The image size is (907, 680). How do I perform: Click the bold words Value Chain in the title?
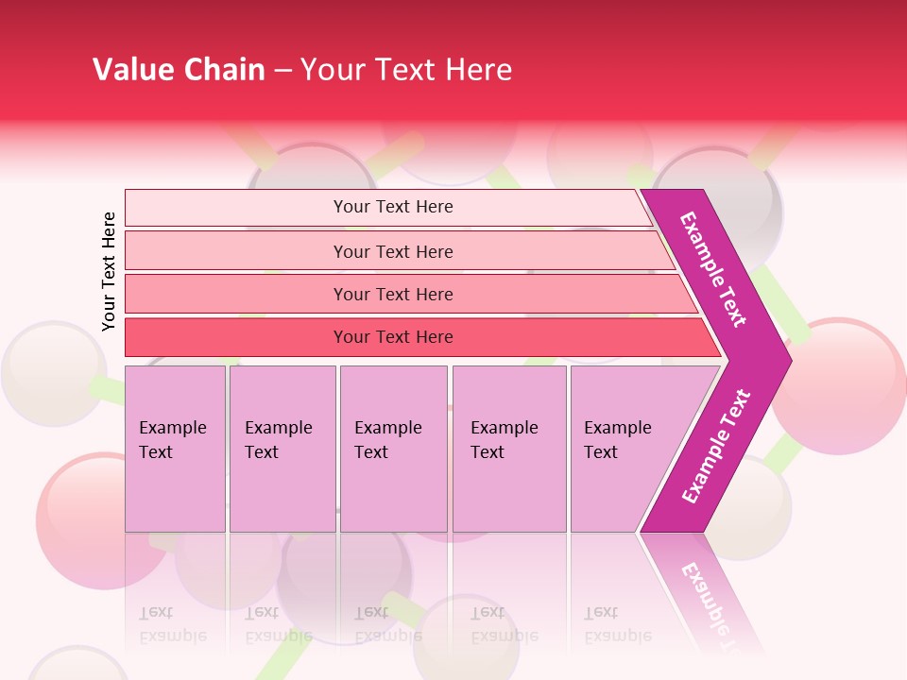179,70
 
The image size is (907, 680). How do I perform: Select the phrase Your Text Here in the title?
406,70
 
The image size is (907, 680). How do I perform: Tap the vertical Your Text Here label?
109,271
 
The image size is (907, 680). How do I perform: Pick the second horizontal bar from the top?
392,251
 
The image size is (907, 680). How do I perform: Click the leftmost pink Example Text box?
175,449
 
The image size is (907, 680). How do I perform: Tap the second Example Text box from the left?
282,449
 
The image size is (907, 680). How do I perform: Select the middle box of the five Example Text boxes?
393,449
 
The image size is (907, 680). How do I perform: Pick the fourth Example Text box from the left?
508,449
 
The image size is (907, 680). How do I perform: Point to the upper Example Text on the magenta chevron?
713,269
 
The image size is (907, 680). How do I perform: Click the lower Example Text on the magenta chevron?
716,446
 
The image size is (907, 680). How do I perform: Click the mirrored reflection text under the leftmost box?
173,623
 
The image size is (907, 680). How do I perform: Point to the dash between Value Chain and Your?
282,71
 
